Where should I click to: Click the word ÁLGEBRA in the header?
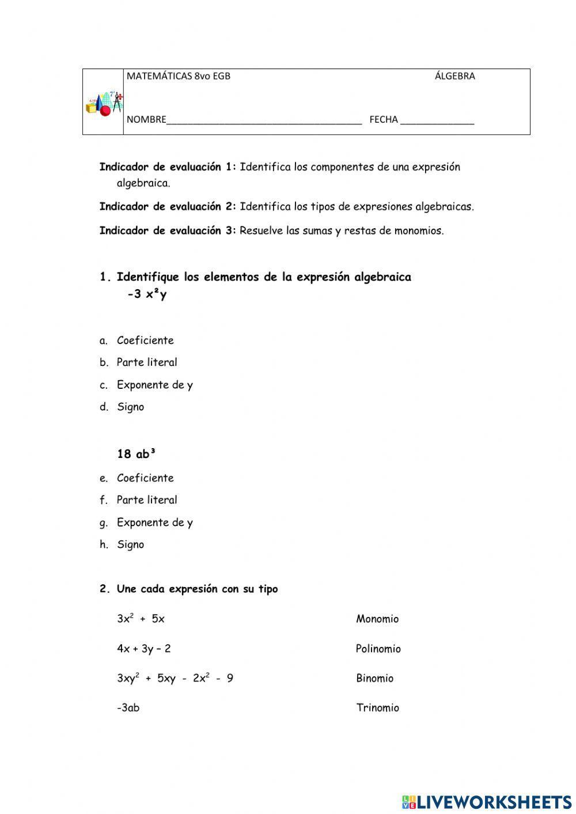(x=454, y=76)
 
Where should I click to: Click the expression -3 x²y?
(x=147, y=294)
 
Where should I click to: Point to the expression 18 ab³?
(x=137, y=454)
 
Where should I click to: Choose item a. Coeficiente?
(x=145, y=340)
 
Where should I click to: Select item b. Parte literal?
(x=146, y=362)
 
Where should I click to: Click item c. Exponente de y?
(x=154, y=385)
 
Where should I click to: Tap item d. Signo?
(x=130, y=407)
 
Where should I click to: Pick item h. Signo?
(x=130, y=544)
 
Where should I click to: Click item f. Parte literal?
(x=146, y=500)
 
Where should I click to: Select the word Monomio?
(x=377, y=619)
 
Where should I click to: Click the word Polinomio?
(x=378, y=649)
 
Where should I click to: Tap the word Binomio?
(x=374, y=678)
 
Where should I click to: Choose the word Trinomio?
(x=377, y=708)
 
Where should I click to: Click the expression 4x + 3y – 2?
(x=143, y=649)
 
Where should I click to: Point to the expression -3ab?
(x=128, y=708)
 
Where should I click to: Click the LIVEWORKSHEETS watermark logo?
(x=487, y=801)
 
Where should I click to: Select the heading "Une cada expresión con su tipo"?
(x=197, y=589)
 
